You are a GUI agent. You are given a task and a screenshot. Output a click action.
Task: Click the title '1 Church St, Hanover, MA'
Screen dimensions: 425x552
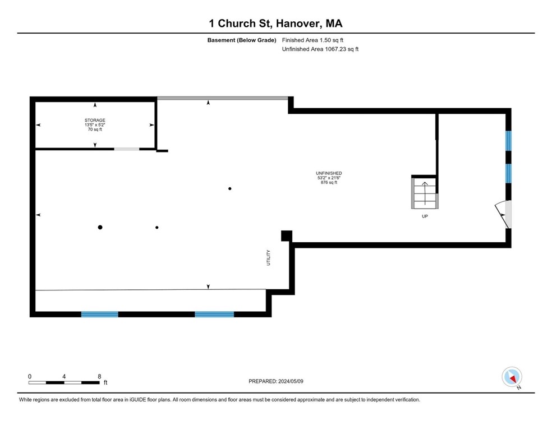275,24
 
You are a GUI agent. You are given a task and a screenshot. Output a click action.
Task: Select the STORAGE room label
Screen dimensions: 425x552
95,120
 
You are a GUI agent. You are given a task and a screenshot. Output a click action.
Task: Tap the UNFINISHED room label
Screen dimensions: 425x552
329,173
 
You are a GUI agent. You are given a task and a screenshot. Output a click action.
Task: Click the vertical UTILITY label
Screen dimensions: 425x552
268,257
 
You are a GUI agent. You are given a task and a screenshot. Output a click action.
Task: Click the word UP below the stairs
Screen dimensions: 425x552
425,216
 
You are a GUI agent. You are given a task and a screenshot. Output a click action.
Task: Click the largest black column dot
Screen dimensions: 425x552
100,227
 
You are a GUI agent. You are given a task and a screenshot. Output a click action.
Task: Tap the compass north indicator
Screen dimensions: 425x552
512,377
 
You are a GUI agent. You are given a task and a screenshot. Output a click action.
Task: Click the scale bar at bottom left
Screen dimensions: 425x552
64,382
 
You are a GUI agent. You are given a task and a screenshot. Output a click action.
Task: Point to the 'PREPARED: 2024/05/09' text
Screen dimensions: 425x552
275,381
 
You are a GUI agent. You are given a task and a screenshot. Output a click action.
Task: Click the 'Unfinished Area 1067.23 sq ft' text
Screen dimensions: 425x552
320,49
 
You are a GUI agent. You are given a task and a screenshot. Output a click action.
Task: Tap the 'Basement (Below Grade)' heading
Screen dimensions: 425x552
242,40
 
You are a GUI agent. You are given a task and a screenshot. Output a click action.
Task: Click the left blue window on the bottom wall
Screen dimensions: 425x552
100,315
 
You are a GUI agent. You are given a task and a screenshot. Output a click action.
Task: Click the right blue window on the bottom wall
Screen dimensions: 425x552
214,315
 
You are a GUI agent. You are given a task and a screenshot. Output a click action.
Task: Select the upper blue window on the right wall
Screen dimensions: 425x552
508,141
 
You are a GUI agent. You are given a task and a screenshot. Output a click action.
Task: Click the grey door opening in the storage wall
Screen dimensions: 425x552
127,149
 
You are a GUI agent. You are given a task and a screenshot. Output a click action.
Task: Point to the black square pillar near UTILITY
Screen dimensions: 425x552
286,236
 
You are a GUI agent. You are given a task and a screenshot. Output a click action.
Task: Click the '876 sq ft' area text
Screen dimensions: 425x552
329,183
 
